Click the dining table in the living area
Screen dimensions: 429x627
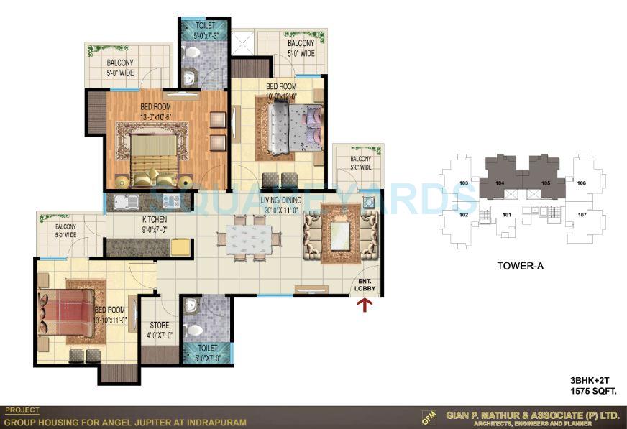point(247,237)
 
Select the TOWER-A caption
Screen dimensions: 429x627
point(520,266)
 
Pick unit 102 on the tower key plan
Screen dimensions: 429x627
point(464,215)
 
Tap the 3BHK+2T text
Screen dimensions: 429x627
point(591,382)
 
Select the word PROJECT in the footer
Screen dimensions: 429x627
point(22,411)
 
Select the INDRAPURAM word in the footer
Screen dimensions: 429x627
point(216,422)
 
